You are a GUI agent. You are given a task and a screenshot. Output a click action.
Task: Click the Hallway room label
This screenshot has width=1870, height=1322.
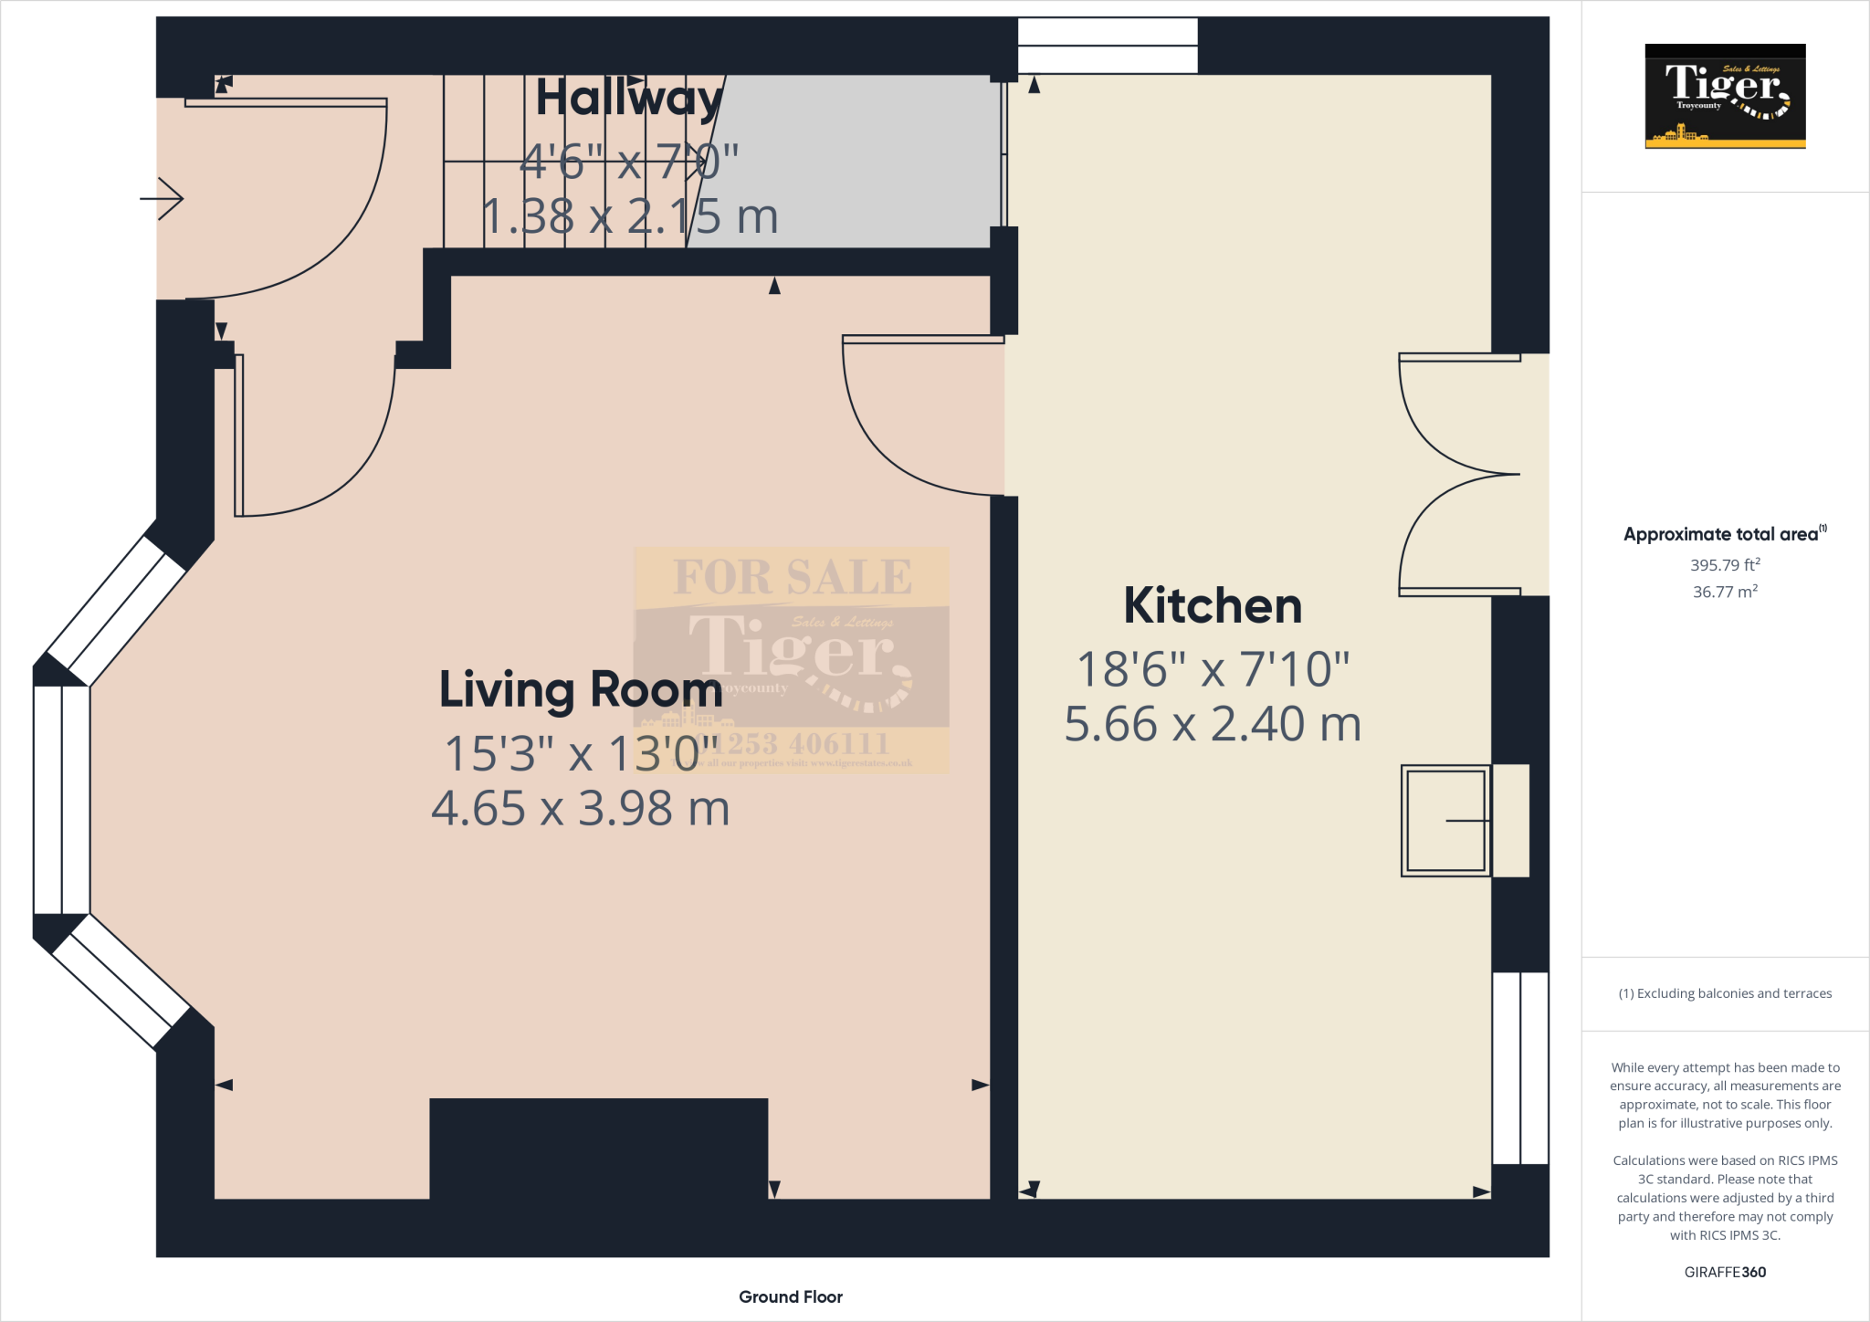(x=629, y=99)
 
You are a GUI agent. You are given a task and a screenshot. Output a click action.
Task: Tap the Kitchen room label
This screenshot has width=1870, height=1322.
(x=1213, y=606)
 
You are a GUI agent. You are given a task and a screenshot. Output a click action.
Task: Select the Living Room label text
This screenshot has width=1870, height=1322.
(x=581, y=689)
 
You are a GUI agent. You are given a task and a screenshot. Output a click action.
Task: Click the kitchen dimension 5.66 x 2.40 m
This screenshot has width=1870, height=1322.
(x=1213, y=725)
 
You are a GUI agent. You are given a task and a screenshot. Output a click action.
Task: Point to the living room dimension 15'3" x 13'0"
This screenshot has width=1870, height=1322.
(x=581, y=754)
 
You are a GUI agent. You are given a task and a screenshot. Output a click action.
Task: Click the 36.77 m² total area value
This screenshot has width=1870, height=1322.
(x=1725, y=592)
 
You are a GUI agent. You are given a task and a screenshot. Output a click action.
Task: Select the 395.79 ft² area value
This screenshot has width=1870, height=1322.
(x=1725, y=565)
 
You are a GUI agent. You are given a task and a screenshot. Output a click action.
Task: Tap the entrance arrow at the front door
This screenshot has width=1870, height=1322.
(x=163, y=198)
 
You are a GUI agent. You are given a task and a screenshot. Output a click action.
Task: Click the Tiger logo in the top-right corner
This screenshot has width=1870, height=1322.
(x=1725, y=96)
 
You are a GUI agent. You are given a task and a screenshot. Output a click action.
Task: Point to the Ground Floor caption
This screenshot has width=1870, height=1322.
(x=790, y=1296)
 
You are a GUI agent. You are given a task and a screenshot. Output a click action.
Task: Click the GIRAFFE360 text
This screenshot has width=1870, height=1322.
(x=1725, y=1272)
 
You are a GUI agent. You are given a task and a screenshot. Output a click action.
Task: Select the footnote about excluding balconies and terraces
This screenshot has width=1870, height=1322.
(x=1725, y=993)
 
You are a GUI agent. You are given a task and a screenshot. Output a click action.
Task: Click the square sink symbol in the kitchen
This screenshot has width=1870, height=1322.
(x=1445, y=821)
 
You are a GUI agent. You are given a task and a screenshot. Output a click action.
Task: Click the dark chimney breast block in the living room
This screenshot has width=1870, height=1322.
(x=598, y=1149)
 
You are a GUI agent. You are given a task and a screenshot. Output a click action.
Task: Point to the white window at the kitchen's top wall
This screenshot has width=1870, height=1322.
(x=1107, y=45)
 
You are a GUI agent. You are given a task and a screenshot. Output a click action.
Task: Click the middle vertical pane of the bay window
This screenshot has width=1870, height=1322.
(x=62, y=800)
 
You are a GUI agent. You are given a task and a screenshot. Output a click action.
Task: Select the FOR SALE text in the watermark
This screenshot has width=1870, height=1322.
(x=792, y=577)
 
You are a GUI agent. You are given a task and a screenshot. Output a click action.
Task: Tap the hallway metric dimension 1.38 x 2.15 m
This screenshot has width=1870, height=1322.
(x=629, y=217)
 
